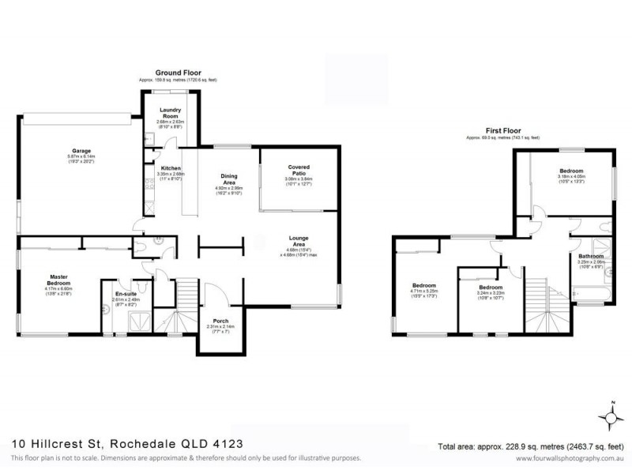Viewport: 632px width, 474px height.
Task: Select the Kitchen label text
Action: coord(171,168)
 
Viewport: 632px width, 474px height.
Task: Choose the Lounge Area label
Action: coord(298,243)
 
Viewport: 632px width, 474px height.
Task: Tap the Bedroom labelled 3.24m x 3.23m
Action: coord(491,288)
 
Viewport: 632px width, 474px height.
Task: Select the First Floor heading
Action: coord(502,131)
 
